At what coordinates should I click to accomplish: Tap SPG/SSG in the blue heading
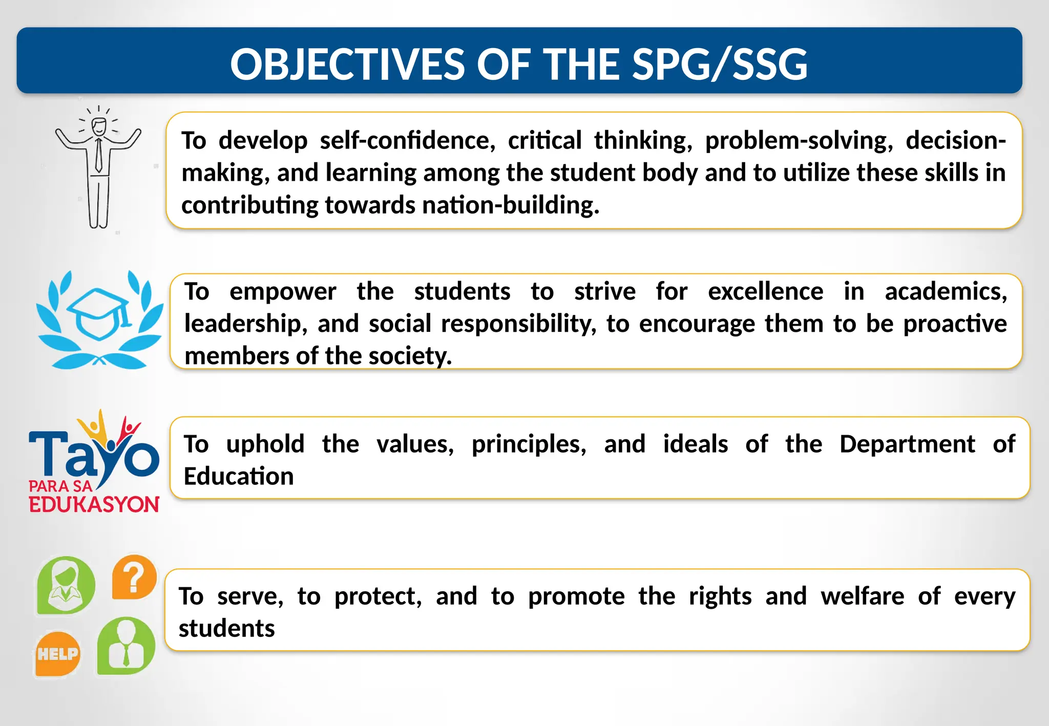pos(720,65)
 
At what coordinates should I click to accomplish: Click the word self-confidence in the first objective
pos(407,140)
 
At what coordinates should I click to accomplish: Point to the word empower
pos(283,291)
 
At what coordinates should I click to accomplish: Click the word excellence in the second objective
pos(765,291)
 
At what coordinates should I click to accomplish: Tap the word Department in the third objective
pos(907,444)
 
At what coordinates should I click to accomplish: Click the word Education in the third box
pos(239,476)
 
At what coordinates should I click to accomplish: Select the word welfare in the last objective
pos(863,596)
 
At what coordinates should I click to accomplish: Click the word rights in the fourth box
pos(720,596)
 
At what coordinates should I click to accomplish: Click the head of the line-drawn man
pos(99,126)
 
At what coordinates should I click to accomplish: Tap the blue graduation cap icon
pos(98,312)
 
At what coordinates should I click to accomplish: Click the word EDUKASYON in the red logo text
pos(94,504)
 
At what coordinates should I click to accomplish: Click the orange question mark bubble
pos(134,577)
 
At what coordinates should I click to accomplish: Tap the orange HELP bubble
pos(57,654)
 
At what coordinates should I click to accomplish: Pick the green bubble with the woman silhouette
pos(66,585)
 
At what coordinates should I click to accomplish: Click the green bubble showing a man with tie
pos(126,646)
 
